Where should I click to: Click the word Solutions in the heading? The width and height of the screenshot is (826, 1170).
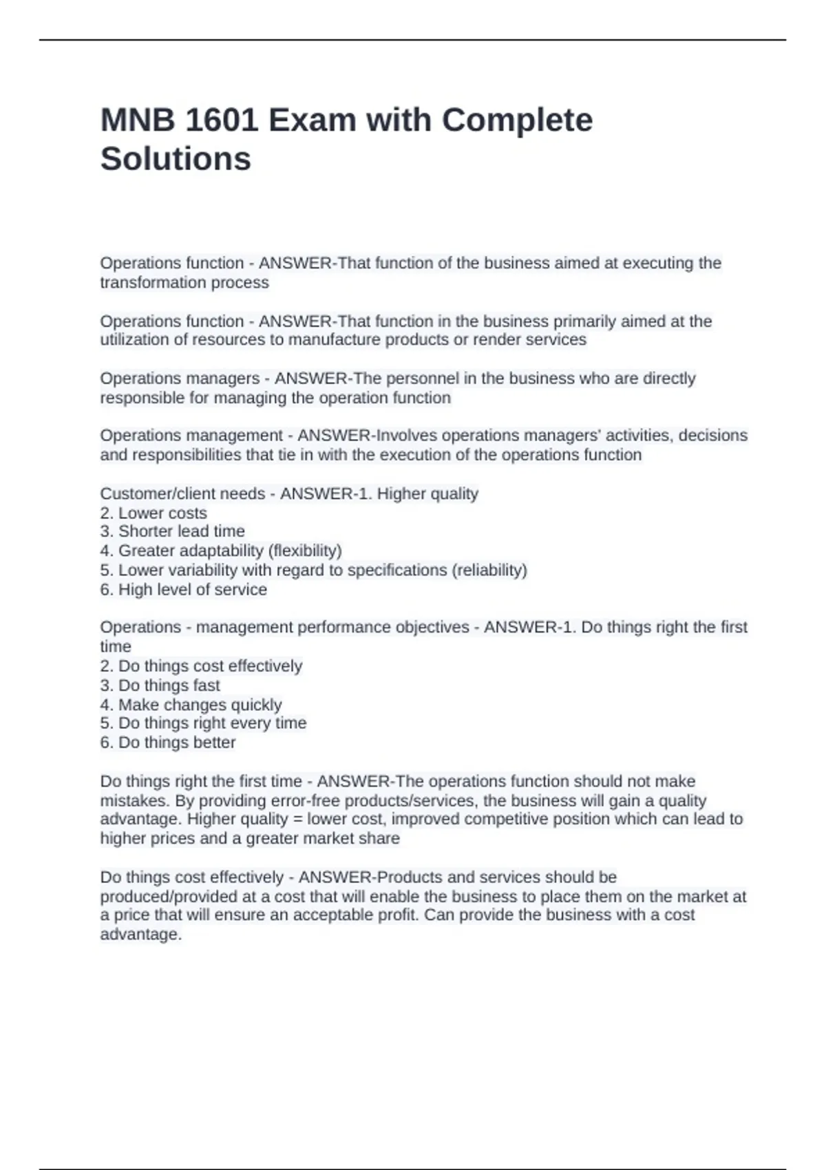(176, 159)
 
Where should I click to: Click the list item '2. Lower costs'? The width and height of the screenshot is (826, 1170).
(153, 513)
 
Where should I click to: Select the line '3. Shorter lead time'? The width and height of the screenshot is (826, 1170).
(172, 531)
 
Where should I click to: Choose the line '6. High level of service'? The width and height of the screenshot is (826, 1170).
(183, 589)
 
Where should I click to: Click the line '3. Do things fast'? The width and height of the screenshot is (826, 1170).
(160, 685)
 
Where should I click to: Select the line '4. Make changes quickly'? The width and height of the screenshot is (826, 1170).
(191, 705)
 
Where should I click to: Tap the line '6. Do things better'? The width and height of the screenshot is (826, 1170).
(167, 743)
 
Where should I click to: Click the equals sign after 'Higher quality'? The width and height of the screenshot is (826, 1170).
(297, 819)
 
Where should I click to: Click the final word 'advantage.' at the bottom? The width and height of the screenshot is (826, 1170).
(141, 934)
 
